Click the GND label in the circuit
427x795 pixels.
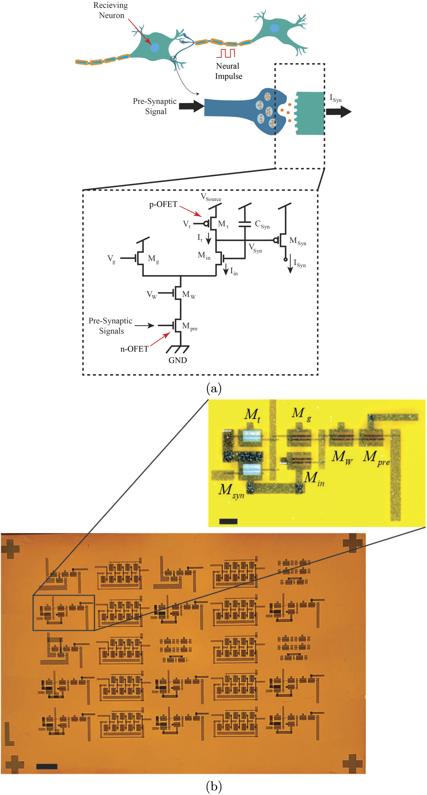[x=177, y=360]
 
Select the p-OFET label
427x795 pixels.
[x=163, y=204]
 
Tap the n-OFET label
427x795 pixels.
[x=134, y=349]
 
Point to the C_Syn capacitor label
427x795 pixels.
[x=262, y=224]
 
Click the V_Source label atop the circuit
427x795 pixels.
[x=211, y=198]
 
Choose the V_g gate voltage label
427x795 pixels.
[x=111, y=259]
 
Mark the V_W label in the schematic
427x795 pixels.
[x=152, y=294]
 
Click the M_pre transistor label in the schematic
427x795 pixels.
[x=190, y=326]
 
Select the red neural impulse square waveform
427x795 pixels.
[x=226, y=53]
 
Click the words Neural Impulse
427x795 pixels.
[x=229, y=71]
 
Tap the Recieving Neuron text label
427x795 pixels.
[x=111, y=10]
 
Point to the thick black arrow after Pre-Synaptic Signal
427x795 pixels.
[x=192, y=106]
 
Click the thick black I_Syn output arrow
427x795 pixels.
[x=339, y=112]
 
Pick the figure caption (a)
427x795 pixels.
[x=214, y=388]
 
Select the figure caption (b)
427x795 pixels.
[x=214, y=786]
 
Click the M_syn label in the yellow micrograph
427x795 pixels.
[x=231, y=491]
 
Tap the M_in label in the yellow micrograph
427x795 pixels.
[x=314, y=479]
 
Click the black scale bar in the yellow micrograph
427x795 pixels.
[x=228, y=521]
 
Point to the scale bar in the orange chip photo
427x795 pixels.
[x=47, y=766]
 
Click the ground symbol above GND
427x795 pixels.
[x=178, y=348]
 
